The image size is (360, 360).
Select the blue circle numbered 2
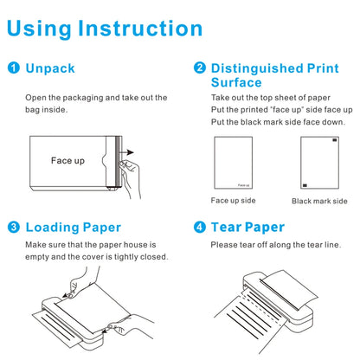199,67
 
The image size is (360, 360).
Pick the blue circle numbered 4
199,228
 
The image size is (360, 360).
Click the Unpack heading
50,67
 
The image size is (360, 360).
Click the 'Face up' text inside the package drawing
67,160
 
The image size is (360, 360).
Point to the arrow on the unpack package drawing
127,154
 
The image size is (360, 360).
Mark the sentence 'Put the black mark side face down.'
277,121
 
